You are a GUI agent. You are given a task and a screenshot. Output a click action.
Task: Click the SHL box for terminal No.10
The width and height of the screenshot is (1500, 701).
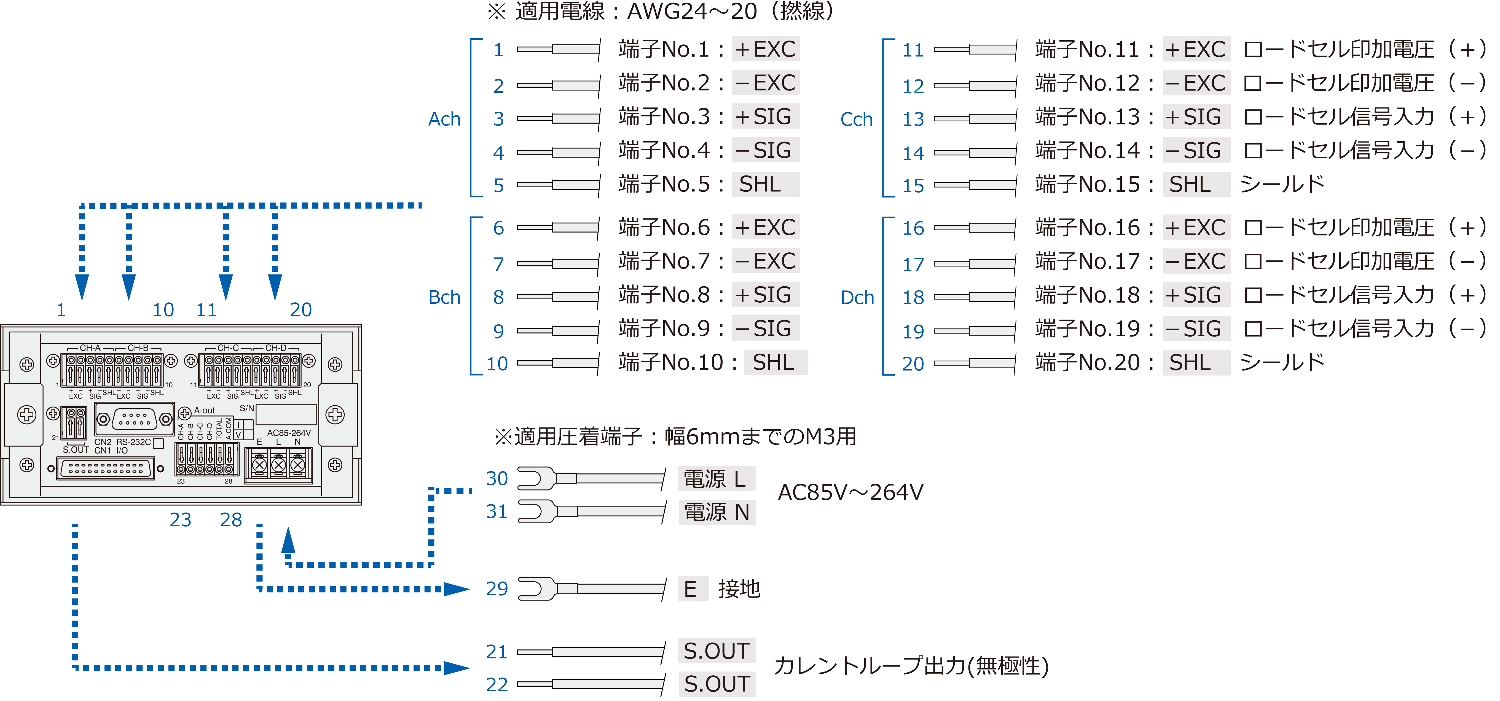pos(774,363)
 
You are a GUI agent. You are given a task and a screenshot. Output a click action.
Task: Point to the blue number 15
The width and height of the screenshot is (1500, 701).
pos(913,185)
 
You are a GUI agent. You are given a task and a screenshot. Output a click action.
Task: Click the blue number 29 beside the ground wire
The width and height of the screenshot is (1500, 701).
pos(497,588)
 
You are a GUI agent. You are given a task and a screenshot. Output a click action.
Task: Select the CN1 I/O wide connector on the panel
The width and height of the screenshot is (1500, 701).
pos(105,468)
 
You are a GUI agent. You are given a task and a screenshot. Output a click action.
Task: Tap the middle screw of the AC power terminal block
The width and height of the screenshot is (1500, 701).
pos(278,465)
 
